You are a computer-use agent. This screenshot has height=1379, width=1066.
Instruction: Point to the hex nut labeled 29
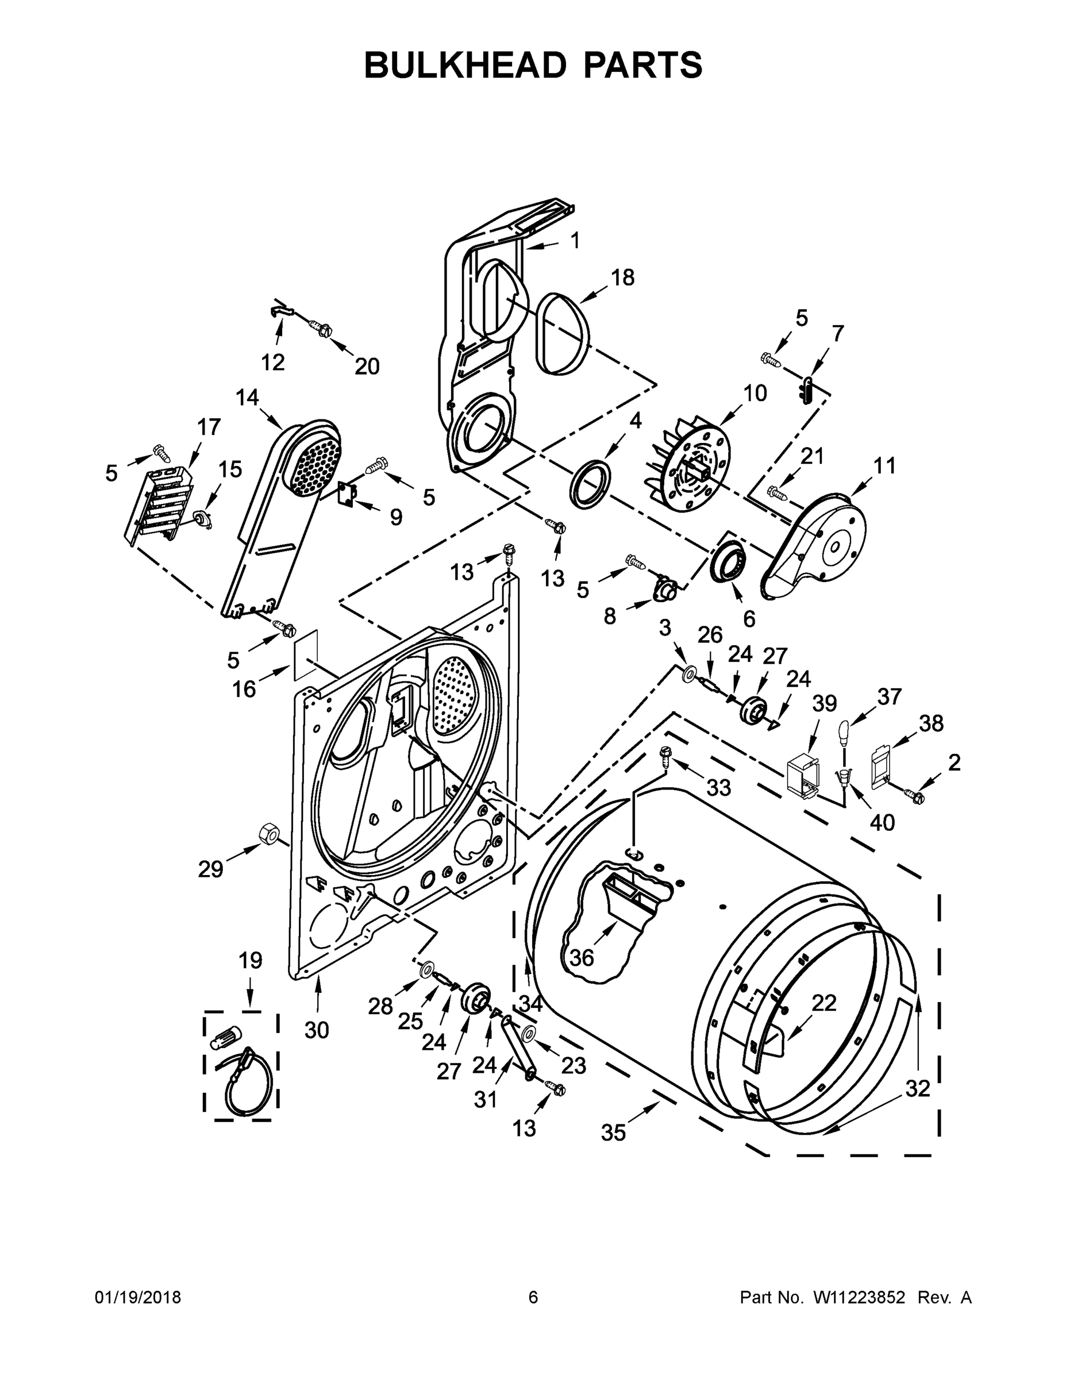tap(268, 835)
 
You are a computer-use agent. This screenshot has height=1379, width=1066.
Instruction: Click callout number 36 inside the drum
tap(582, 958)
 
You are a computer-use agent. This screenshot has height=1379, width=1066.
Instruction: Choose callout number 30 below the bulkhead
tap(317, 1030)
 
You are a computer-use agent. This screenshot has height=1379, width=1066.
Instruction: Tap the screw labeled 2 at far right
tap(913, 796)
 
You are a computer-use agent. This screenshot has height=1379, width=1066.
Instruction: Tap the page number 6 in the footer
tap(533, 1297)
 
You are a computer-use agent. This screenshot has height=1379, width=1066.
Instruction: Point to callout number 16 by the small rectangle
tap(244, 689)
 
